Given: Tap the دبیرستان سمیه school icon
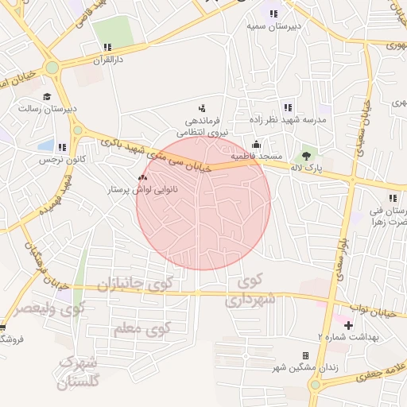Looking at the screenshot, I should (273, 14).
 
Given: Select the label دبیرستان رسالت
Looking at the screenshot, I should (47, 107).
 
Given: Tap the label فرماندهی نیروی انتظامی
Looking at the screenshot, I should (207, 126).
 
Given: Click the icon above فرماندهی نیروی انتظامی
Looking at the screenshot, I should (201, 108).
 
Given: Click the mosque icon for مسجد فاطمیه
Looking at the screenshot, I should (256, 145).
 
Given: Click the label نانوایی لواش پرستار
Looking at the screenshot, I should (141, 191).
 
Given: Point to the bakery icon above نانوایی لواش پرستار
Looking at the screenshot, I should (143, 178).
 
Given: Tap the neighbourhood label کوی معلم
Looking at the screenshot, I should (142, 328).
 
